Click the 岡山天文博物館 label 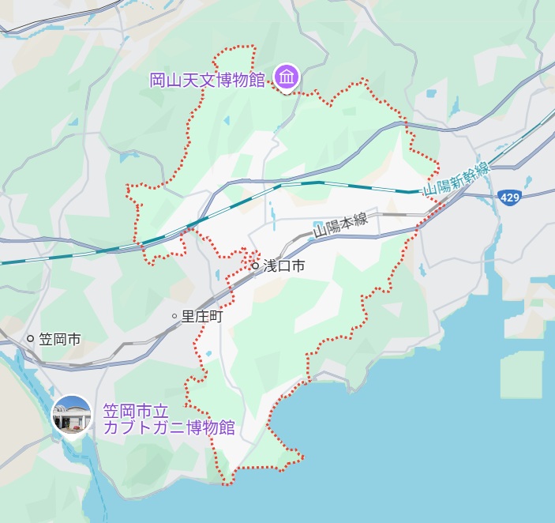point(207,80)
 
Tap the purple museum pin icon point(286,77)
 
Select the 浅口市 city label point(284,266)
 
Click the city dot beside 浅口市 point(255,266)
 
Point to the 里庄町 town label point(202,316)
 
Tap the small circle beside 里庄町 point(174,316)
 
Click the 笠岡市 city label point(60,339)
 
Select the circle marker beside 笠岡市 point(31,339)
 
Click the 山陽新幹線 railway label point(456,179)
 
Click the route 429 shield point(509,197)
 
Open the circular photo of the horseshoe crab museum point(71,416)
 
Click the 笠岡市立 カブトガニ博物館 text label point(169,420)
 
